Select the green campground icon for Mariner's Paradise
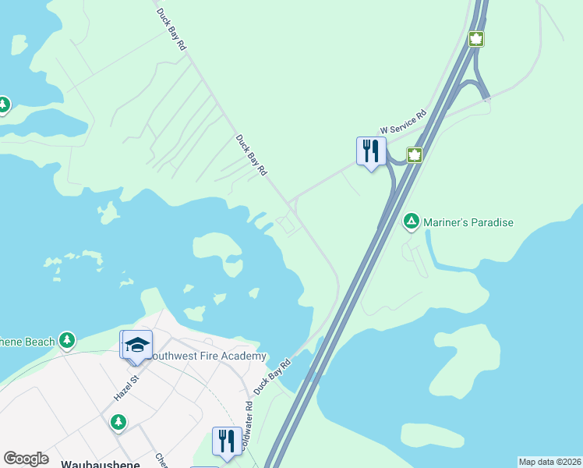pos(411,222)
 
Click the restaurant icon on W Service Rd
pos(371,150)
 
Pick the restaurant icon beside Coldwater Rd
pos(224,441)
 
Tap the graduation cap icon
pos(136,345)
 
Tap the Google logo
pos(26,459)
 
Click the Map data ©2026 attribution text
pos(549,462)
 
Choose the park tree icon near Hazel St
pos(118,422)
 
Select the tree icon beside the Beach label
pos(68,340)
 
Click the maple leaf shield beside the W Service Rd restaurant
pos(415,154)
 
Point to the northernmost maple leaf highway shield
pos(475,38)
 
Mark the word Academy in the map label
pos(244,356)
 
